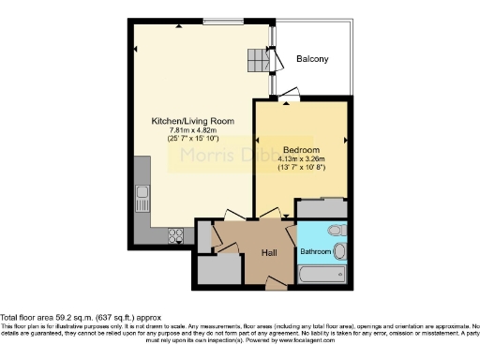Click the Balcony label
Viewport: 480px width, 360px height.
pyautogui.click(x=312, y=59)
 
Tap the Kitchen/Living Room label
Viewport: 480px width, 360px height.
pyautogui.click(x=193, y=122)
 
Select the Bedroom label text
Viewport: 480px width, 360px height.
pyautogui.click(x=301, y=150)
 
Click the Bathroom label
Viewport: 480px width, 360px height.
pyautogui.click(x=315, y=251)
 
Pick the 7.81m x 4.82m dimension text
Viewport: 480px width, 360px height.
pyautogui.click(x=193, y=130)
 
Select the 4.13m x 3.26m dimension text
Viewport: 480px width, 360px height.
pyautogui.click(x=301, y=159)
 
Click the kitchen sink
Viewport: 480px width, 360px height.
pyautogui.click(x=142, y=198)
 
